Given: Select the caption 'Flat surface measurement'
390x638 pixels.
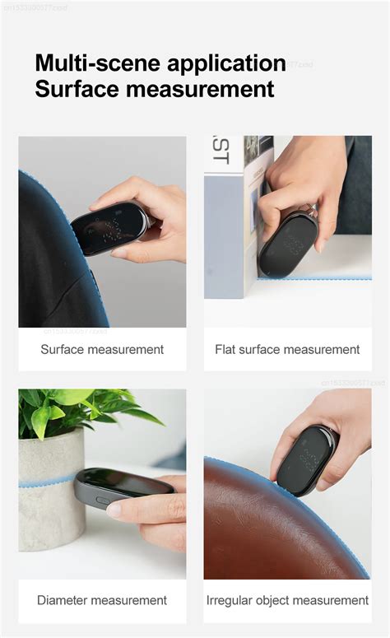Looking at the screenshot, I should tap(287, 349).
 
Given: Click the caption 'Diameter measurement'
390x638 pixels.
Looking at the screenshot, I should tap(102, 600).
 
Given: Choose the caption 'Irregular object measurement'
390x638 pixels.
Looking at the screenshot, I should tap(287, 600).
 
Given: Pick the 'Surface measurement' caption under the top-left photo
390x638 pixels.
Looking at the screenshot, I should tap(102, 349).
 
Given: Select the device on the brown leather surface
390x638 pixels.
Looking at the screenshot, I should tap(306, 459).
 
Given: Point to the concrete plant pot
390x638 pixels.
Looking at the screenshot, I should tap(51, 494).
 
